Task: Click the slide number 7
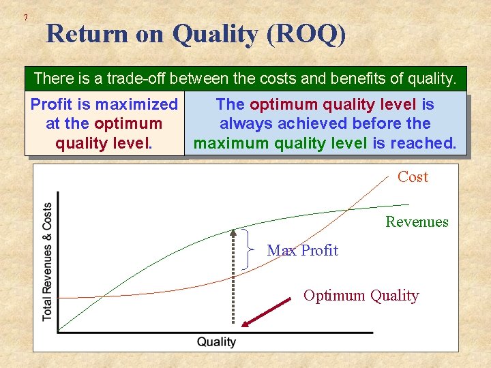point(25,16)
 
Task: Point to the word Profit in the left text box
point(53,104)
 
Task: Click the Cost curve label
point(413,177)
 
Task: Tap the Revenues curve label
point(417,221)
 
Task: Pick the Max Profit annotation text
point(302,250)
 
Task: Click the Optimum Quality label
point(361,295)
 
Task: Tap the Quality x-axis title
point(216,342)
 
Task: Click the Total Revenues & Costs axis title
point(47,262)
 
